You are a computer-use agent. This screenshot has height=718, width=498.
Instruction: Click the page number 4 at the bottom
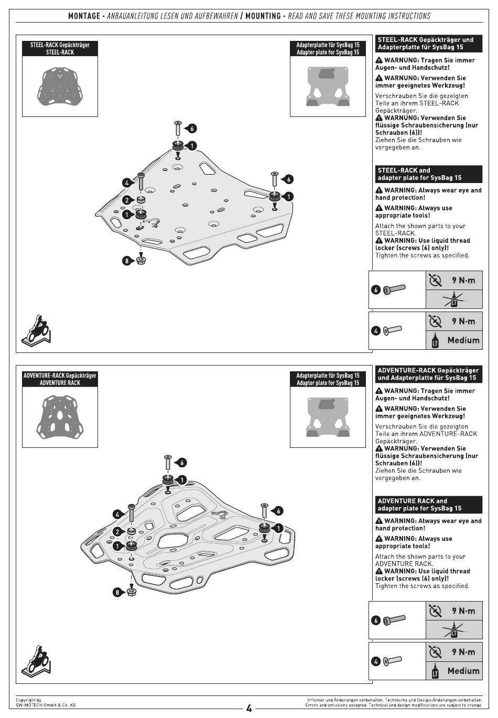coord(249,709)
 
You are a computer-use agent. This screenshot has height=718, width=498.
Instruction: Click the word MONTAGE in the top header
coord(84,16)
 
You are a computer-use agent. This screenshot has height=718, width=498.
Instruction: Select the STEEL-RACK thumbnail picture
coord(60,86)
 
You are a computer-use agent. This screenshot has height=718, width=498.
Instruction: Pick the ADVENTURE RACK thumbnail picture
coord(60,416)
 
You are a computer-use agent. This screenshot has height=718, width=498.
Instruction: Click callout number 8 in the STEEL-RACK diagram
coord(126,261)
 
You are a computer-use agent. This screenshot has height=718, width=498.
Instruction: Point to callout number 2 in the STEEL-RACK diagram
coord(127,200)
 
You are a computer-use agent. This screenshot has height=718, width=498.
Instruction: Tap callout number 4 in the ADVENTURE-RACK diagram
coord(118,515)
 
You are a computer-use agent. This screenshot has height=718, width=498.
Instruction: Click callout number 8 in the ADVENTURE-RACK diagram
coord(117,593)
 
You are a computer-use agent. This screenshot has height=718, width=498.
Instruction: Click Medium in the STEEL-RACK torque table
coord(463,340)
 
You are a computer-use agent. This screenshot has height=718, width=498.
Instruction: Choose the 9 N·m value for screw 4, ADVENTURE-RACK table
coord(463,652)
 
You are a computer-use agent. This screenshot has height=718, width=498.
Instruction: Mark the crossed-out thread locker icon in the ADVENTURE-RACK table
coord(453,630)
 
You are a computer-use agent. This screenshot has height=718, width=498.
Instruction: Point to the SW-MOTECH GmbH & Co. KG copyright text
coord(46,705)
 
